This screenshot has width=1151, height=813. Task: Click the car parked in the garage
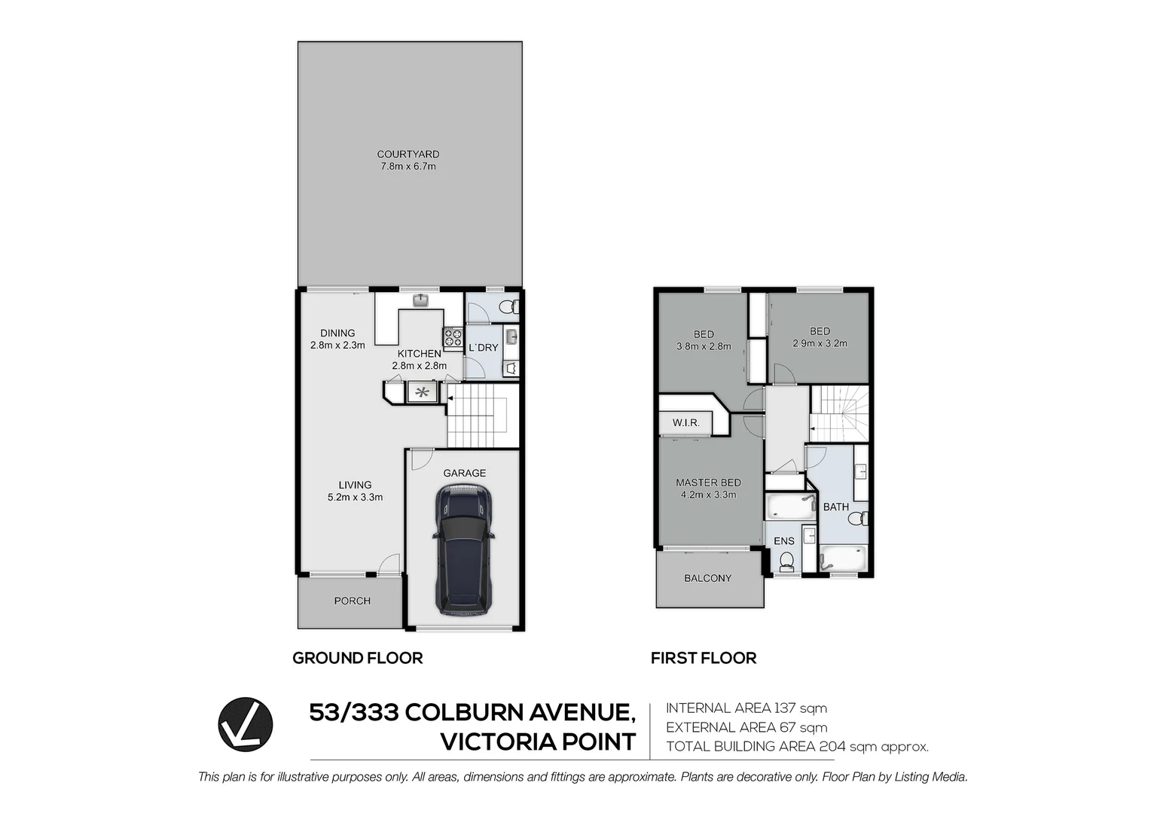tap(463, 550)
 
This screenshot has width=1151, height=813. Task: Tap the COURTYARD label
tap(408, 154)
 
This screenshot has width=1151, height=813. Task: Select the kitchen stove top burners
tap(453, 338)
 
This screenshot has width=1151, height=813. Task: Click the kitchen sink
tap(420, 301)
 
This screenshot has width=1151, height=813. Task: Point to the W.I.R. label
tap(685, 423)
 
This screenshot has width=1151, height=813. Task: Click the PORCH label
tap(352, 601)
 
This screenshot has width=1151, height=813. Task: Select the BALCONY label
tap(707, 578)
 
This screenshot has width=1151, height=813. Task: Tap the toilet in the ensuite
tap(786, 561)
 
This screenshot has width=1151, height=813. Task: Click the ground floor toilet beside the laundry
tap(509, 307)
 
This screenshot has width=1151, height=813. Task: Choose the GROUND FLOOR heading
tap(357, 658)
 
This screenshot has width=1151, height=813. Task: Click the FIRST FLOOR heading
tap(703, 658)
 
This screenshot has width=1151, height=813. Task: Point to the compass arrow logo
tap(246, 724)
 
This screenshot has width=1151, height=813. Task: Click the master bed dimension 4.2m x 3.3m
tap(708, 495)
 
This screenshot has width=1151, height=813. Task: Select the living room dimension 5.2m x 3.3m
tap(355, 497)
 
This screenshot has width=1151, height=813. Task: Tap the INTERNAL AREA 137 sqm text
tap(746, 708)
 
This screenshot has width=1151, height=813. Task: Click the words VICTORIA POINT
tap(537, 742)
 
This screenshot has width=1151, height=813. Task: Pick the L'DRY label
tap(483, 348)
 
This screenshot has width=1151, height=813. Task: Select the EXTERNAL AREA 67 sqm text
tap(746, 727)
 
